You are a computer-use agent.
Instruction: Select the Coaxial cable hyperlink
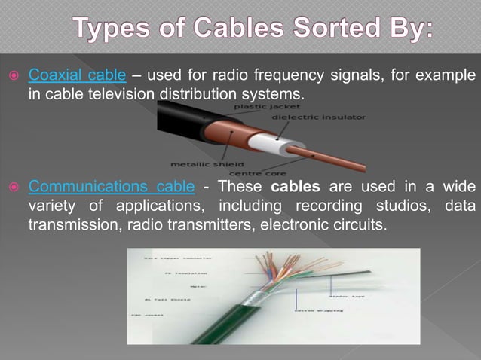pos(77,76)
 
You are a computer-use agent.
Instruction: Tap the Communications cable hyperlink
pos(112,186)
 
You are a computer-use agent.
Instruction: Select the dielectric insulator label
pos(318,117)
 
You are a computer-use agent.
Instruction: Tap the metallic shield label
pos(207,162)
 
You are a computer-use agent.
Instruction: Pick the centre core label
pos(261,173)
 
